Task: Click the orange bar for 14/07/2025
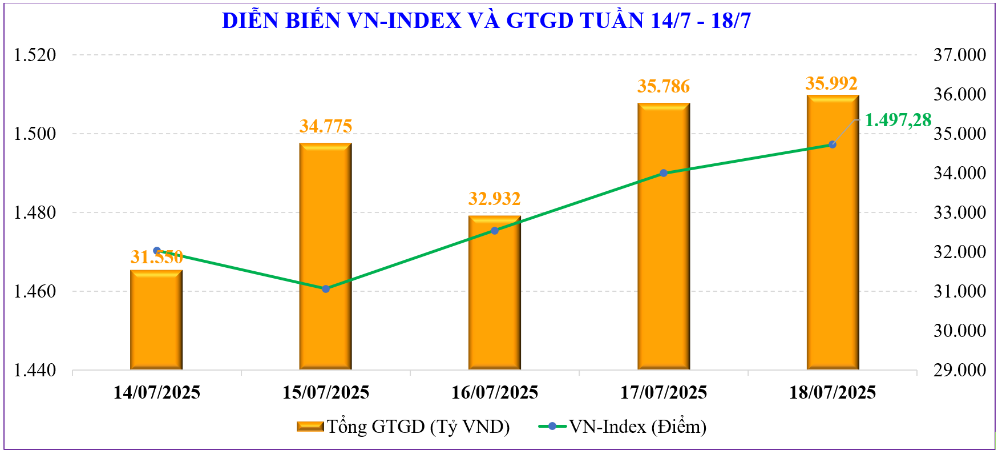click(x=156, y=320)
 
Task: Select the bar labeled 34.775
click(x=325, y=257)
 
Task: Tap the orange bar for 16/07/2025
click(x=494, y=297)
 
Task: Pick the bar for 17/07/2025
click(x=663, y=240)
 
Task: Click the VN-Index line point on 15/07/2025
click(x=325, y=289)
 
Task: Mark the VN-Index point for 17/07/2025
click(x=663, y=173)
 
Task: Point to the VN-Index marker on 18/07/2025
click(x=832, y=144)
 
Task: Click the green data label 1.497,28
click(x=898, y=120)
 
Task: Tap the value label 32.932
click(x=494, y=199)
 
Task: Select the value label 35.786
click(x=663, y=86)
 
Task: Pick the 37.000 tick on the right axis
click(x=959, y=55)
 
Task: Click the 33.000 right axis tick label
click(x=959, y=212)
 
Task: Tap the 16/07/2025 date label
click(x=494, y=392)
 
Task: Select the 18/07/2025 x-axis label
click(x=832, y=392)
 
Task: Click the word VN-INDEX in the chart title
click(x=404, y=21)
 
